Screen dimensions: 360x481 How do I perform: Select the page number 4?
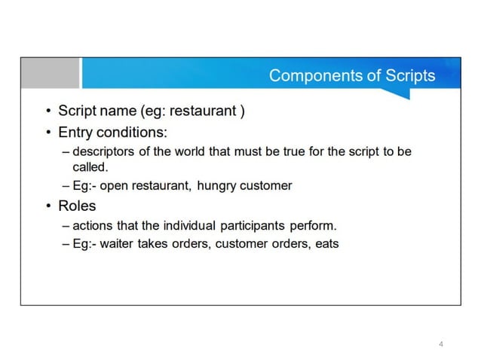pos(440,344)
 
